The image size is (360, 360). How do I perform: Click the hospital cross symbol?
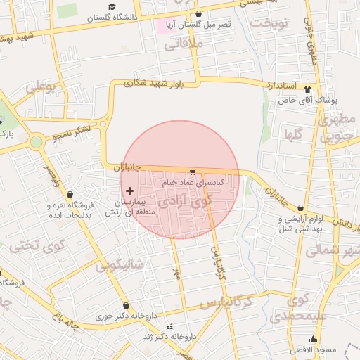129,191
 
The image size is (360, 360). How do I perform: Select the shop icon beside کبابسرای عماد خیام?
193,172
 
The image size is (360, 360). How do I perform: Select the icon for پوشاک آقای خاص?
307,89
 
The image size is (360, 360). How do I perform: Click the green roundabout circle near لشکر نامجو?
36,143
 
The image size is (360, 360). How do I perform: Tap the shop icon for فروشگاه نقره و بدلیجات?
69,195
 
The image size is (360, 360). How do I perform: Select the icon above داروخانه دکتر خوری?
126,306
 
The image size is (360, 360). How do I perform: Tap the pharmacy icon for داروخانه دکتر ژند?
169,326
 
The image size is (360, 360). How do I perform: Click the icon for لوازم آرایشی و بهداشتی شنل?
301,208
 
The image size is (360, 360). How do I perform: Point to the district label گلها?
293,133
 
